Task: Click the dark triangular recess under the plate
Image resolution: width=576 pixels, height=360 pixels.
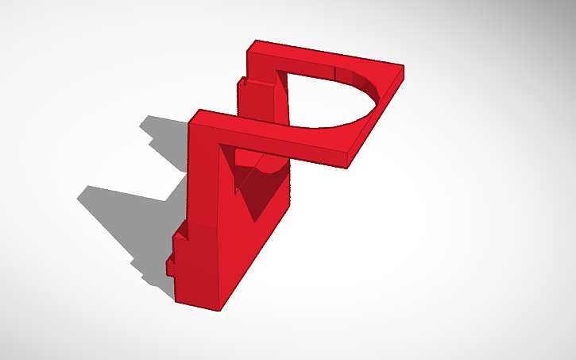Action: coord(258,191)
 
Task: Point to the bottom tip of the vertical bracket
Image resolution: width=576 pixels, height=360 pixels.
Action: coord(176,300)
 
